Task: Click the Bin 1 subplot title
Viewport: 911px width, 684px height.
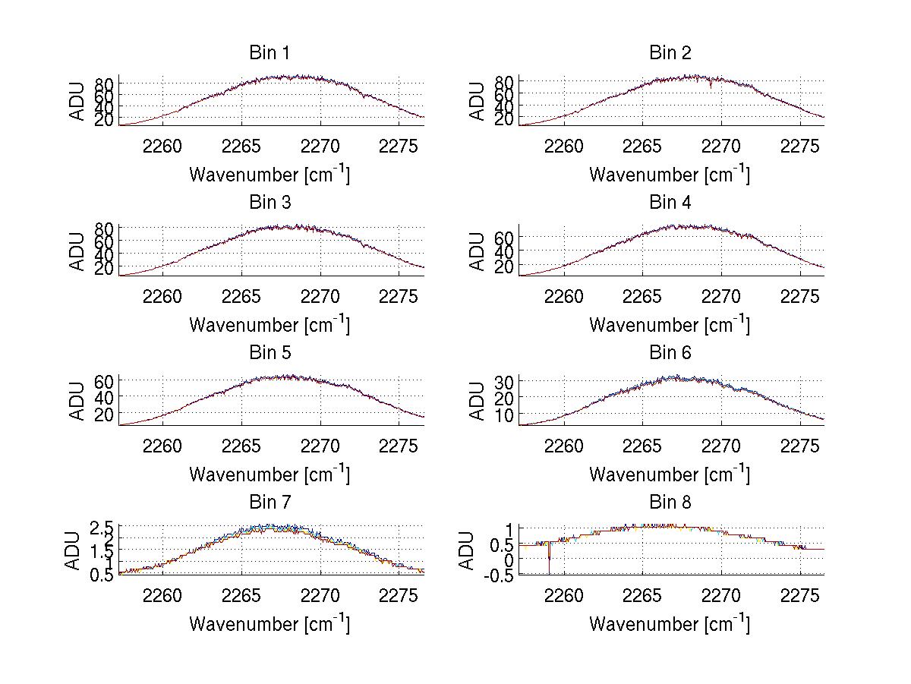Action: (270, 52)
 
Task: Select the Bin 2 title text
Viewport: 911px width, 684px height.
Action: (670, 52)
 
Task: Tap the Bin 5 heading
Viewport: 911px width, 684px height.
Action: (270, 352)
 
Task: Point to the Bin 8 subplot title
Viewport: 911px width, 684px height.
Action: (670, 502)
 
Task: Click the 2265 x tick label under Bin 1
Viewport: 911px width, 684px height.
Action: (241, 146)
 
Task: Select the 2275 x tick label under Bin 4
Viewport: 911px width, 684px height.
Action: (800, 296)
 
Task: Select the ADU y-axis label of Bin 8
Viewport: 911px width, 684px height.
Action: (468, 551)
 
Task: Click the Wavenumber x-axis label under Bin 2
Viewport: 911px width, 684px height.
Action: (670, 175)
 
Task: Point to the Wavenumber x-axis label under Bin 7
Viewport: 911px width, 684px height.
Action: (270, 624)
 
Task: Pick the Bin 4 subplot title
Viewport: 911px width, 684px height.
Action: (670, 203)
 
